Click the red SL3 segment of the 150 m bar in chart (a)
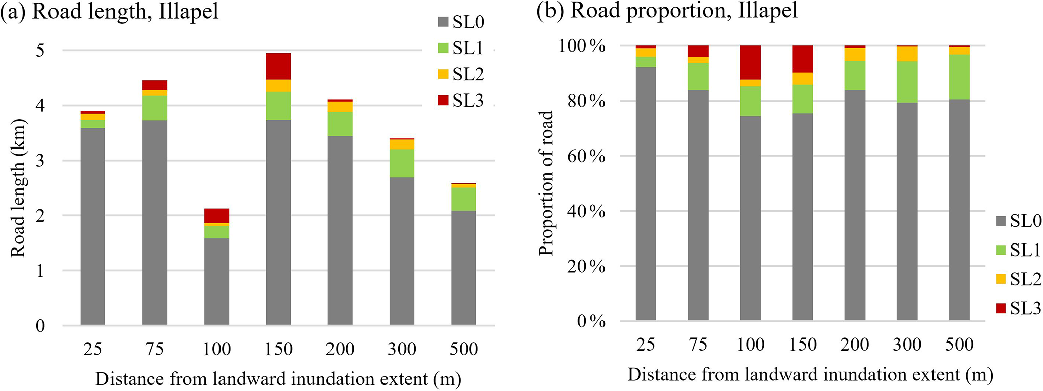(278, 66)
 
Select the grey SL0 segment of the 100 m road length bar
(216, 281)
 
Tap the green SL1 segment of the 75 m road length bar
(154, 108)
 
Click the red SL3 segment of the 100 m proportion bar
(750, 63)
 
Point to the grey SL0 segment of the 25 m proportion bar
(646, 193)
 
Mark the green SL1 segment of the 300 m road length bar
(402, 163)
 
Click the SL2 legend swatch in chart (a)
(443, 74)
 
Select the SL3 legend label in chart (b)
(1025, 308)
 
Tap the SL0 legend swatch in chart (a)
(443, 22)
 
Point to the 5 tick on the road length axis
(40, 50)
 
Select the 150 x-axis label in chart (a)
(278, 349)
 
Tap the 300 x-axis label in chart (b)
(907, 345)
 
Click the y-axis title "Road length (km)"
(18, 188)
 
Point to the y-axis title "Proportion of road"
(546, 183)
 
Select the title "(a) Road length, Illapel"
(110, 11)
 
